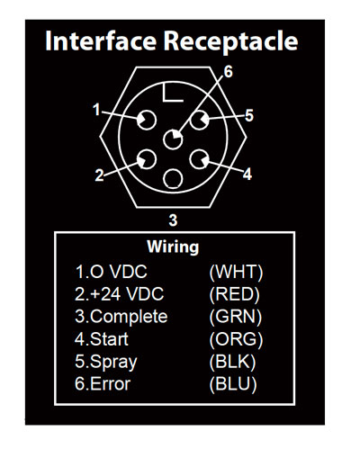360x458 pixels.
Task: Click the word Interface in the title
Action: [x=101, y=40]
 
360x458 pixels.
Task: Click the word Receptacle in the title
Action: [x=230, y=42]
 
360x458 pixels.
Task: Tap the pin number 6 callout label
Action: [x=229, y=72]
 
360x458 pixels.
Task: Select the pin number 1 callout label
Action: [x=96, y=110]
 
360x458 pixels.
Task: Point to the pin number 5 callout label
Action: [x=249, y=115]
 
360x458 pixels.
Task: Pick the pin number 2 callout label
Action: [x=99, y=175]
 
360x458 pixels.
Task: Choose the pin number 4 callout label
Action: [x=247, y=174]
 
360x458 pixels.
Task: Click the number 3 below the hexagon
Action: [x=173, y=220]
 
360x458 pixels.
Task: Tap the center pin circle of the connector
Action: [x=173, y=139]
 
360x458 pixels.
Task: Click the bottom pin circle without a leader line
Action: [x=173, y=179]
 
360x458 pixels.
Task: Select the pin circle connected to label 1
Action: [x=147, y=120]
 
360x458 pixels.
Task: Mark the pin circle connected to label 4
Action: [x=200, y=159]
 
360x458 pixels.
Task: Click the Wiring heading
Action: [x=173, y=247]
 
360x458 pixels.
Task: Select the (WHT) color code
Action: [x=236, y=272]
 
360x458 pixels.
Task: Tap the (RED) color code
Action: [x=234, y=294]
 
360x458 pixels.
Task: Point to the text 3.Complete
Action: [x=121, y=318]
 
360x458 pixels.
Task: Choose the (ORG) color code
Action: [x=236, y=339]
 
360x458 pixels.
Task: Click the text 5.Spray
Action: [x=106, y=362]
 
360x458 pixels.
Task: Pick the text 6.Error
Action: [x=103, y=384]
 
